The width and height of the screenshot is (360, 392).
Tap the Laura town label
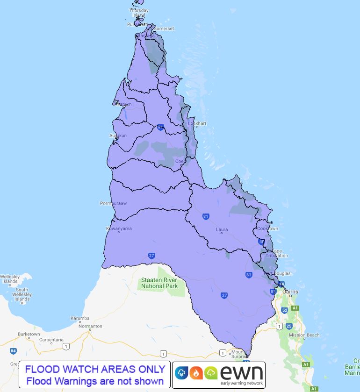coord(222,229)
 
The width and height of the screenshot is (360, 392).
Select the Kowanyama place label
coord(119,228)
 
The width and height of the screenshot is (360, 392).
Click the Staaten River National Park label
coord(159,283)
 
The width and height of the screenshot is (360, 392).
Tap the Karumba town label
coord(79,318)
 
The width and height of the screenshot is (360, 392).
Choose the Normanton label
coord(91,326)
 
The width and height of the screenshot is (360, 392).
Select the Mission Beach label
coord(304,335)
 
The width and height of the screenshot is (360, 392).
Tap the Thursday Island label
coord(139,13)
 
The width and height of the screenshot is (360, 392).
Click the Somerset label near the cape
coord(164,29)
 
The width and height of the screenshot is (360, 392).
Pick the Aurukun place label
coord(118,135)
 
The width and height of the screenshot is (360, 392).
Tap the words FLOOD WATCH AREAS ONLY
coord(95,370)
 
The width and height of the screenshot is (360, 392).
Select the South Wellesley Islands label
coord(22,294)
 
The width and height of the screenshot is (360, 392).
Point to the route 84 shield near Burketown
coord(13,350)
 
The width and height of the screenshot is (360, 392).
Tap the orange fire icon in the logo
coord(196,373)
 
